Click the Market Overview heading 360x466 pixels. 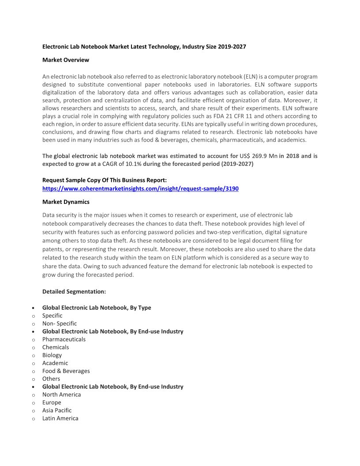[x=65, y=60]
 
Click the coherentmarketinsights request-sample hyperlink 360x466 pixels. [x=140, y=188]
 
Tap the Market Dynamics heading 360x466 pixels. [x=66, y=202]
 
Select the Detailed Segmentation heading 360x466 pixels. [x=74, y=292]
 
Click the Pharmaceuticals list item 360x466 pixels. [x=64, y=339]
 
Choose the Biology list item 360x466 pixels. [x=52, y=355]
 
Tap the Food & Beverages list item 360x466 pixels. [x=66, y=371]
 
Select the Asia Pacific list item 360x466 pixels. [x=57, y=410]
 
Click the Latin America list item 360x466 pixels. [x=60, y=418]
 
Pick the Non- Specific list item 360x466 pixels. [x=60, y=323]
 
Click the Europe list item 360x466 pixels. [x=52, y=402]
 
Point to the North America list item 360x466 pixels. [x=61, y=395]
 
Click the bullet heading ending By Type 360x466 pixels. [x=97, y=308]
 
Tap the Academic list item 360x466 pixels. [x=55, y=363]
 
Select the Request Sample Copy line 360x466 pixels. [x=104, y=180]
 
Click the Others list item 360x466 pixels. [x=51, y=379]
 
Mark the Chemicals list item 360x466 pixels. [x=56, y=347]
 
